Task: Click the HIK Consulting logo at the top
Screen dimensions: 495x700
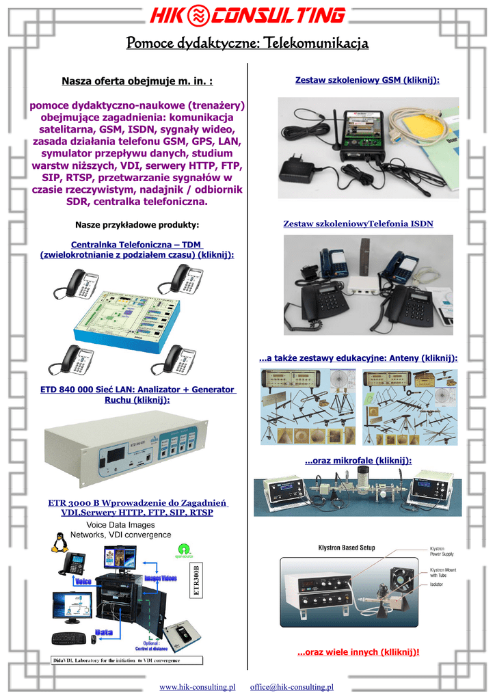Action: pyautogui.click(x=247, y=16)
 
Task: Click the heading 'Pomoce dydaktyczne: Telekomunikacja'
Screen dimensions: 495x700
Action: pyautogui.click(x=247, y=44)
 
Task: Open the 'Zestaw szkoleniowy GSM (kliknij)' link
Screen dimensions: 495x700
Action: pyautogui.click(x=367, y=81)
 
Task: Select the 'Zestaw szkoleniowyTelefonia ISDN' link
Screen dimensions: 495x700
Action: pyautogui.click(x=358, y=224)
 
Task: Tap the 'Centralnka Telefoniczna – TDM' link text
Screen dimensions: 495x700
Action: pyautogui.click(x=137, y=244)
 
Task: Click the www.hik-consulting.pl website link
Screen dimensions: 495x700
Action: pyautogui.click(x=197, y=686)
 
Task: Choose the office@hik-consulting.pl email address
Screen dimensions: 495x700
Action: pyautogui.click(x=291, y=686)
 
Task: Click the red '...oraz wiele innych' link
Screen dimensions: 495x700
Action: pyautogui.click(x=358, y=652)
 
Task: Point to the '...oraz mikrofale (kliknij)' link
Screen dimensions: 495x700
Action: pyautogui.click(x=358, y=461)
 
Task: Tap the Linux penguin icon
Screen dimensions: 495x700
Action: pyautogui.click(x=59, y=541)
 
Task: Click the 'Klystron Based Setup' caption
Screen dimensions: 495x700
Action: pyautogui.click(x=347, y=548)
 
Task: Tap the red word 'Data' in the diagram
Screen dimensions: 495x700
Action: pyautogui.click(x=104, y=631)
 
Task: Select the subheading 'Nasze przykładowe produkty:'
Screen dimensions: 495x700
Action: pyautogui.click(x=137, y=225)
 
